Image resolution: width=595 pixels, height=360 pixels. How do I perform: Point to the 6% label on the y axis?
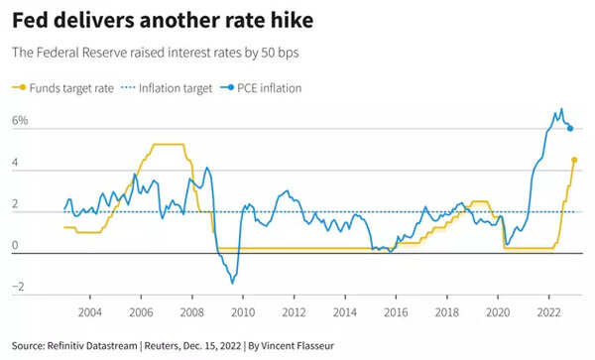pyautogui.click(x=20, y=120)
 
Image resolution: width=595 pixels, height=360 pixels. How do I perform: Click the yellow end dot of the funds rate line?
pyautogui.click(x=574, y=160)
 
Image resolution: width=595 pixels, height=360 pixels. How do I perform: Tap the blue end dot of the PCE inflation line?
pyautogui.click(x=570, y=128)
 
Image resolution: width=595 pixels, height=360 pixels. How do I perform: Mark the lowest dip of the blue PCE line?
pyautogui.click(x=233, y=283)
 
